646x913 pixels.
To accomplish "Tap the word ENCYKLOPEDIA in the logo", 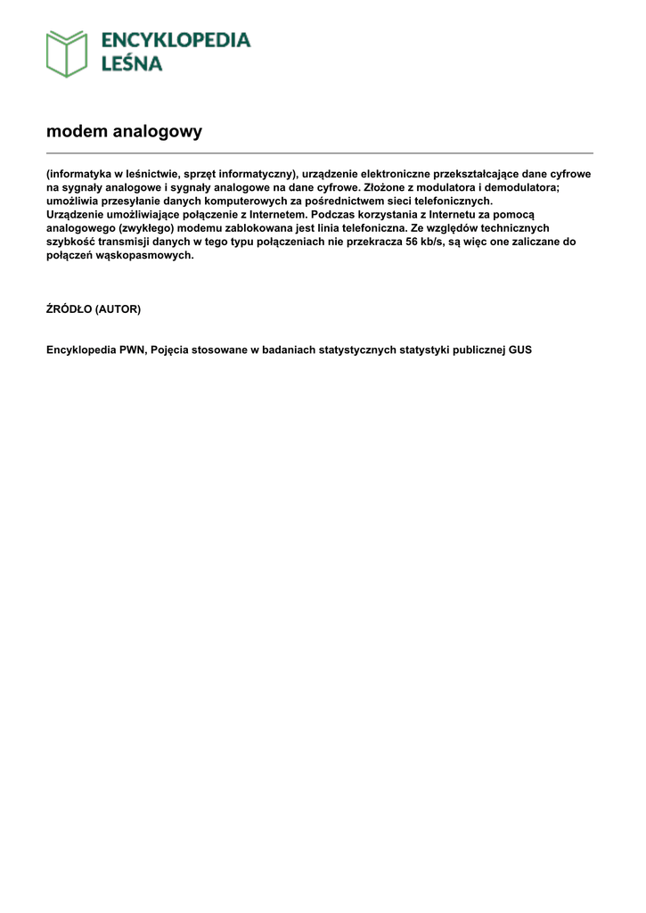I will click(176, 40).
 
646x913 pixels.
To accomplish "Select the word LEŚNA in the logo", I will click(131, 63).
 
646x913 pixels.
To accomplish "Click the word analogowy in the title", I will click(158, 132).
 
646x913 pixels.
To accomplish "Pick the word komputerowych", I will click(222, 202).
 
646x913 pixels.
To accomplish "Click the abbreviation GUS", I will click(520, 350).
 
